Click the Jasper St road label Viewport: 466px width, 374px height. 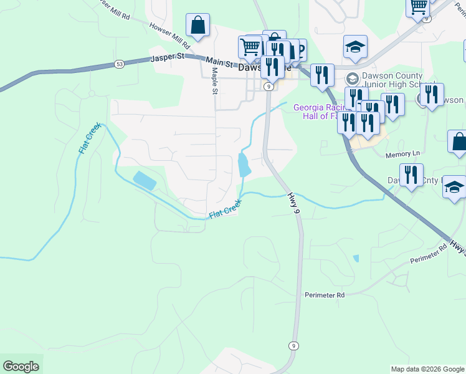(168, 57)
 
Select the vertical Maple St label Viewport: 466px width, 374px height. (214, 82)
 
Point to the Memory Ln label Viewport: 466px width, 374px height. (403, 154)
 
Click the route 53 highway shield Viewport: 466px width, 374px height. (119, 64)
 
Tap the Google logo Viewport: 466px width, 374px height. (21, 366)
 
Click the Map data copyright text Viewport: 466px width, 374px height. (427, 369)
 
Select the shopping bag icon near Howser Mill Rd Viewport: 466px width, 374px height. (197, 26)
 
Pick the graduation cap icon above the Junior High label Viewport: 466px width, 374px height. (355, 47)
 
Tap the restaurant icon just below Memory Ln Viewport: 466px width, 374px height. (411, 175)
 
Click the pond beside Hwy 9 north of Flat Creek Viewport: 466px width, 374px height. (244, 165)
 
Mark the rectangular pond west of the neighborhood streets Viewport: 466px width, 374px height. (145, 181)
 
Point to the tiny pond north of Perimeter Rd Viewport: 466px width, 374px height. (356, 258)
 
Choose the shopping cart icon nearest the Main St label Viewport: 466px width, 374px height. (250, 47)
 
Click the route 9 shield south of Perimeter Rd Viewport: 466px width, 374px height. (293, 345)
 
